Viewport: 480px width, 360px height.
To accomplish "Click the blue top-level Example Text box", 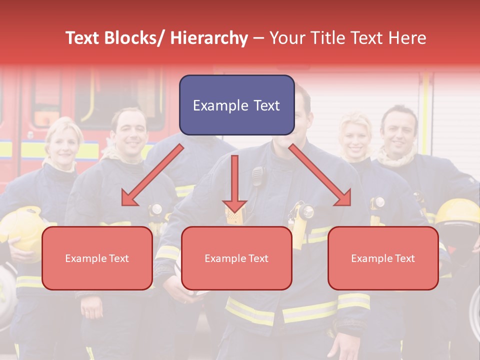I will click(236, 105).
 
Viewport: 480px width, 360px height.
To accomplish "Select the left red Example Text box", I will click(97, 258).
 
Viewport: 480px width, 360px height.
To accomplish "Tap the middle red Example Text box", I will click(236, 258).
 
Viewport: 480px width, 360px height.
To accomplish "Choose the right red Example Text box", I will click(383, 258).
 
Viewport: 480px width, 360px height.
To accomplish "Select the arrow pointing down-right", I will click(320, 175).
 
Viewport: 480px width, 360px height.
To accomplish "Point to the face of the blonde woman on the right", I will click(355, 134).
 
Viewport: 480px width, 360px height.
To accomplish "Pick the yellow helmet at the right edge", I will click(458, 212).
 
